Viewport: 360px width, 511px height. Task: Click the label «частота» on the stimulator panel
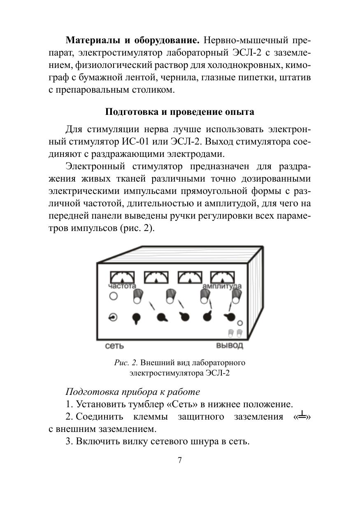click(122, 286)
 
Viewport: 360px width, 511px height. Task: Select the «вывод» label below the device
click(229, 345)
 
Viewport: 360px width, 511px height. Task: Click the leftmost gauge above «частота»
click(122, 277)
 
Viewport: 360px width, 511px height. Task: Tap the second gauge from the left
click(156, 277)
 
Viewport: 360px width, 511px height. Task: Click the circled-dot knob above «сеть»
click(113, 317)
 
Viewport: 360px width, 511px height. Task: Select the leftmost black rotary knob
click(136, 318)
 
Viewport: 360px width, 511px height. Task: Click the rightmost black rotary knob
click(229, 317)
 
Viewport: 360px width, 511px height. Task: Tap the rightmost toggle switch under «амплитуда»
click(236, 296)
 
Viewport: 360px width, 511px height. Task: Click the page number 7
click(180, 460)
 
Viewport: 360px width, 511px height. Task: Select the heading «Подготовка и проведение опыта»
click(180, 112)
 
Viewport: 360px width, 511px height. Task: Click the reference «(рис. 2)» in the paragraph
click(137, 228)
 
